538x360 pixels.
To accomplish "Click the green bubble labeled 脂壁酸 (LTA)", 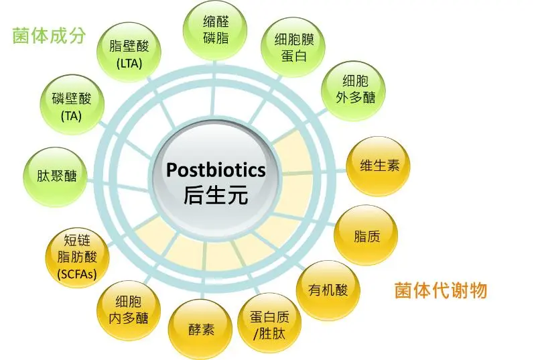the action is coord(129,52).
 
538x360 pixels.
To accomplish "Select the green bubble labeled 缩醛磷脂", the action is coord(215,31).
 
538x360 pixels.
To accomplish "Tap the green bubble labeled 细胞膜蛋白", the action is coord(293,48).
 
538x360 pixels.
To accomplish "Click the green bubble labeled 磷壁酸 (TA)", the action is coord(72,105).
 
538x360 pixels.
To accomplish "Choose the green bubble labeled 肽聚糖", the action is coord(55,177).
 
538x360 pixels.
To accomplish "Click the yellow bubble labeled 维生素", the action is coord(378,166).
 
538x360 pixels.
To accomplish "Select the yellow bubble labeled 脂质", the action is coord(366,235).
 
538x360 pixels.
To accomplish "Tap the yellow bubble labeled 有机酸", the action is coord(328,290).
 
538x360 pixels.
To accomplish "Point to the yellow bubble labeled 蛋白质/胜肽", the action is coord(269,323).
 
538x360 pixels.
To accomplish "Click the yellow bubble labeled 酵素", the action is coord(200,329).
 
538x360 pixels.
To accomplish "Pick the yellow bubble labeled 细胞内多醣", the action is coord(129,310).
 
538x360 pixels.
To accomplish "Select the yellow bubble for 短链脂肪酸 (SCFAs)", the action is coord(77,257).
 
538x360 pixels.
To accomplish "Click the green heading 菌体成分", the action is coord(49,36).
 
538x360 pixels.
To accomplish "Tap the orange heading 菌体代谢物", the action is coord(441,290).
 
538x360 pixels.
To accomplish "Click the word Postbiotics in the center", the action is coord(216,170).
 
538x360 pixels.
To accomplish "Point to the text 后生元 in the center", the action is coord(216,195).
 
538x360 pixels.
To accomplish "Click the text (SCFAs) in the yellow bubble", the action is coord(77,274).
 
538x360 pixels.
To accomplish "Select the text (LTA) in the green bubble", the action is coord(129,64).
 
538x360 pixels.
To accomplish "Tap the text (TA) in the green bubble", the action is coord(72,116).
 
